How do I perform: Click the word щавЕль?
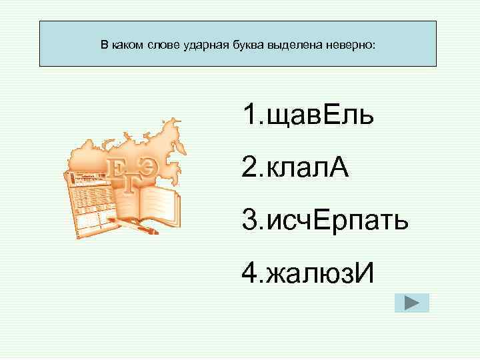pos(319,117)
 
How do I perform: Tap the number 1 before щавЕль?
pos(249,117)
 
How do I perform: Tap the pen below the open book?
pos(143,227)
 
